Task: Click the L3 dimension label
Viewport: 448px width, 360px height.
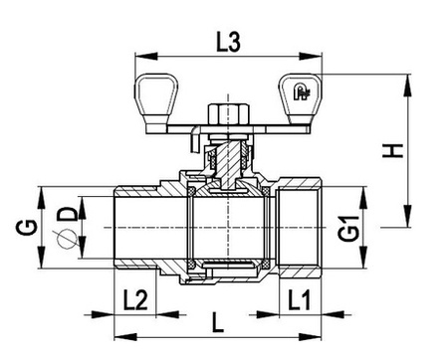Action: (228, 42)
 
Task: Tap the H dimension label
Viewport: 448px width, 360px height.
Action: (393, 151)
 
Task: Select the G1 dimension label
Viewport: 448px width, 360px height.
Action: (348, 229)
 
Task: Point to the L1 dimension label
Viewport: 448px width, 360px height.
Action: (299, 299)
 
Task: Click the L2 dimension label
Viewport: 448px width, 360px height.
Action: (135, 299)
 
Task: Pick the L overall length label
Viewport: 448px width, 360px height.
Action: (218, 322)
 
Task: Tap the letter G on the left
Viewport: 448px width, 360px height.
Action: (27, 228)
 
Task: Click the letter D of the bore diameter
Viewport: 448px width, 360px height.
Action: (68, 214)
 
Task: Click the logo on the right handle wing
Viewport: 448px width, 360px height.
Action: (301, 91)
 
